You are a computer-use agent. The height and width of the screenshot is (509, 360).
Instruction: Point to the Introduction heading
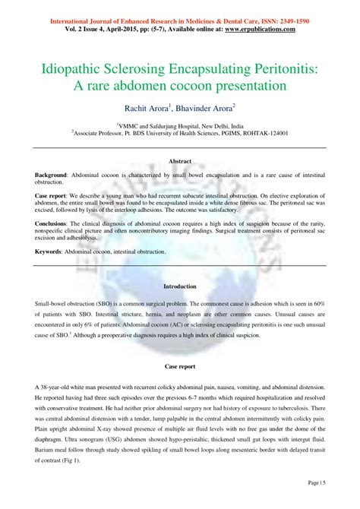click(x=180, y=286)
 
